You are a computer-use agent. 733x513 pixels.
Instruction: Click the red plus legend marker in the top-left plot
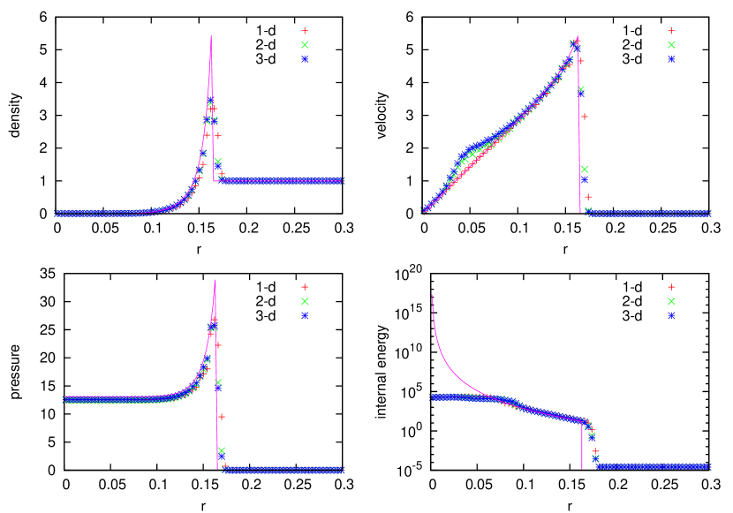pyautogui.click(x=305, y=30)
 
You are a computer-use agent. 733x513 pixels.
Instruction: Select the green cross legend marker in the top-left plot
pyautogui.click(x=305, y=44)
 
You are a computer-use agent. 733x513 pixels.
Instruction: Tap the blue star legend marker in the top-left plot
pyautogui.click(x=305, y=59)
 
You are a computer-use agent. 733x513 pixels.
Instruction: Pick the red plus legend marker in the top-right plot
pyautogui.click(x=671, y=30)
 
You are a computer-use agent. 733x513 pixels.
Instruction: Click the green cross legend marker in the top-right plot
pyautogui.click(x=671, y=44)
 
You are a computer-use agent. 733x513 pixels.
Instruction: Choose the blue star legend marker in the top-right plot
pyautogui.click(x=671, y=59)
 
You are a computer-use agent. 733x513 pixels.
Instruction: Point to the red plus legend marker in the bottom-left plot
pyautogui.click(x=305, y=287)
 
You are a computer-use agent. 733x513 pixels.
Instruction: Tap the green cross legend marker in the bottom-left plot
pyautogui.click(x=305, y=301)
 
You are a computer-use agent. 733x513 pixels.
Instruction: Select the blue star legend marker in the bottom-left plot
pyautogui.click(x=305, y=315)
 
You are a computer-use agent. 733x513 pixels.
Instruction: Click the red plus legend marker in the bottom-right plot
pyautogui.click(x=671, y=287)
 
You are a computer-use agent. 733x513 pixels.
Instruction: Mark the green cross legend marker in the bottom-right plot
pyautogui.click(x=671, y=301)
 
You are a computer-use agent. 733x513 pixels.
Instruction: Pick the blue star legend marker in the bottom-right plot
pyautogui.click(x=671, y=315)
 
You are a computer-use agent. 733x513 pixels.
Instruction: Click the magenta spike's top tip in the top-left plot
pyautogui.click(x=211, y=36)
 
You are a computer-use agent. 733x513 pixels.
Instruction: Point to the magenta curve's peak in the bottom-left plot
pyautogui.click(x=215, y=282)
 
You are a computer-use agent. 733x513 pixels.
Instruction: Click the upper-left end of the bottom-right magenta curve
pyautogui.click(x=432, y=295)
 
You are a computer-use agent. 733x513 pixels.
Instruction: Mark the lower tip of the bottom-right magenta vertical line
pyautogui.click(x=582, y=468)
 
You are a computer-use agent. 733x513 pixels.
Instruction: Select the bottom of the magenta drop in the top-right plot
pyautogui.click(x=580, y=212)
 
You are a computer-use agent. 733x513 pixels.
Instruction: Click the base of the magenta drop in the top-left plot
pyautogui.click(x=214, y=181)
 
